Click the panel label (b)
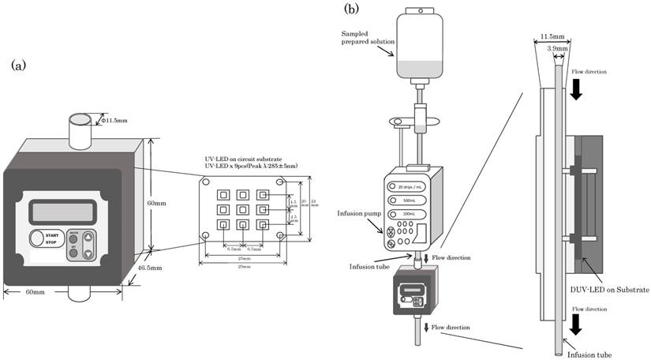coord(351,9)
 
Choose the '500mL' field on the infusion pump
coord(408,200)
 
